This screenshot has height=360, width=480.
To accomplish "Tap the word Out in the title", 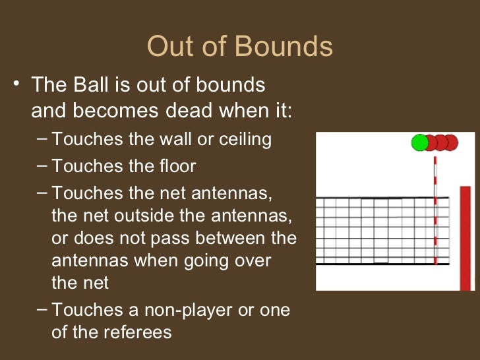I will point(169,47).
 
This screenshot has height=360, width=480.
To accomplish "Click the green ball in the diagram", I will point(419,142).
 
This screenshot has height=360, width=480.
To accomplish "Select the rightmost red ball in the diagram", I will point(450,142).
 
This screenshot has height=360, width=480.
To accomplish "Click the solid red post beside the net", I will point(465,237).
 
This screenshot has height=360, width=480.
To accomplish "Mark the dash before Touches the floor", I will point(42,165).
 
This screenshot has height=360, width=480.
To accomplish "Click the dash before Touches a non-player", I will point(42,309).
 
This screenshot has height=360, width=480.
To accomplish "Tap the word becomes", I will point(109,110).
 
